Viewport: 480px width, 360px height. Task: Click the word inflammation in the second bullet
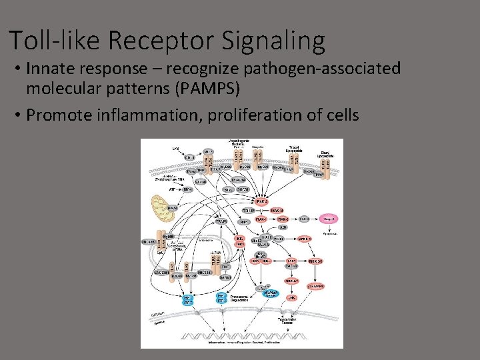click(143, 115)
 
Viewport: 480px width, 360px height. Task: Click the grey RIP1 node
click(245, 222)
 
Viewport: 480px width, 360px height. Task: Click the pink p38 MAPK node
click(315, 285)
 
